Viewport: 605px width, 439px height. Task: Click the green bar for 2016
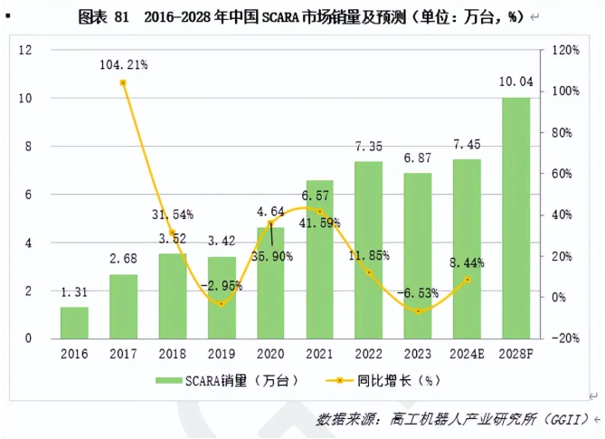click(x=74, y=322)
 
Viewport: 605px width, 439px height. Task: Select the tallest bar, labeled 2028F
click(x=515, y=217)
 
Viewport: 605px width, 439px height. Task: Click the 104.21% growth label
click(x=124, y=64)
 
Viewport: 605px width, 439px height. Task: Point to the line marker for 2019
click(x=222, y=303)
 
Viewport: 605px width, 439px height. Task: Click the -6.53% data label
click(x=418, y=293)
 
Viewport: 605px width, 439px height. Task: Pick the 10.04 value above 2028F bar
click(x=515, y=83)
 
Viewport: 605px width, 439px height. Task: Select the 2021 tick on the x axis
click(x=319, y=353)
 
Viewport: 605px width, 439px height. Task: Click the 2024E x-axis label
click(x=467, y=353)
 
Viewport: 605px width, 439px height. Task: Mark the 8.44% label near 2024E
click(x=467, y=262)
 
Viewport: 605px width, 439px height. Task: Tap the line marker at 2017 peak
click(x=123, y=83)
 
